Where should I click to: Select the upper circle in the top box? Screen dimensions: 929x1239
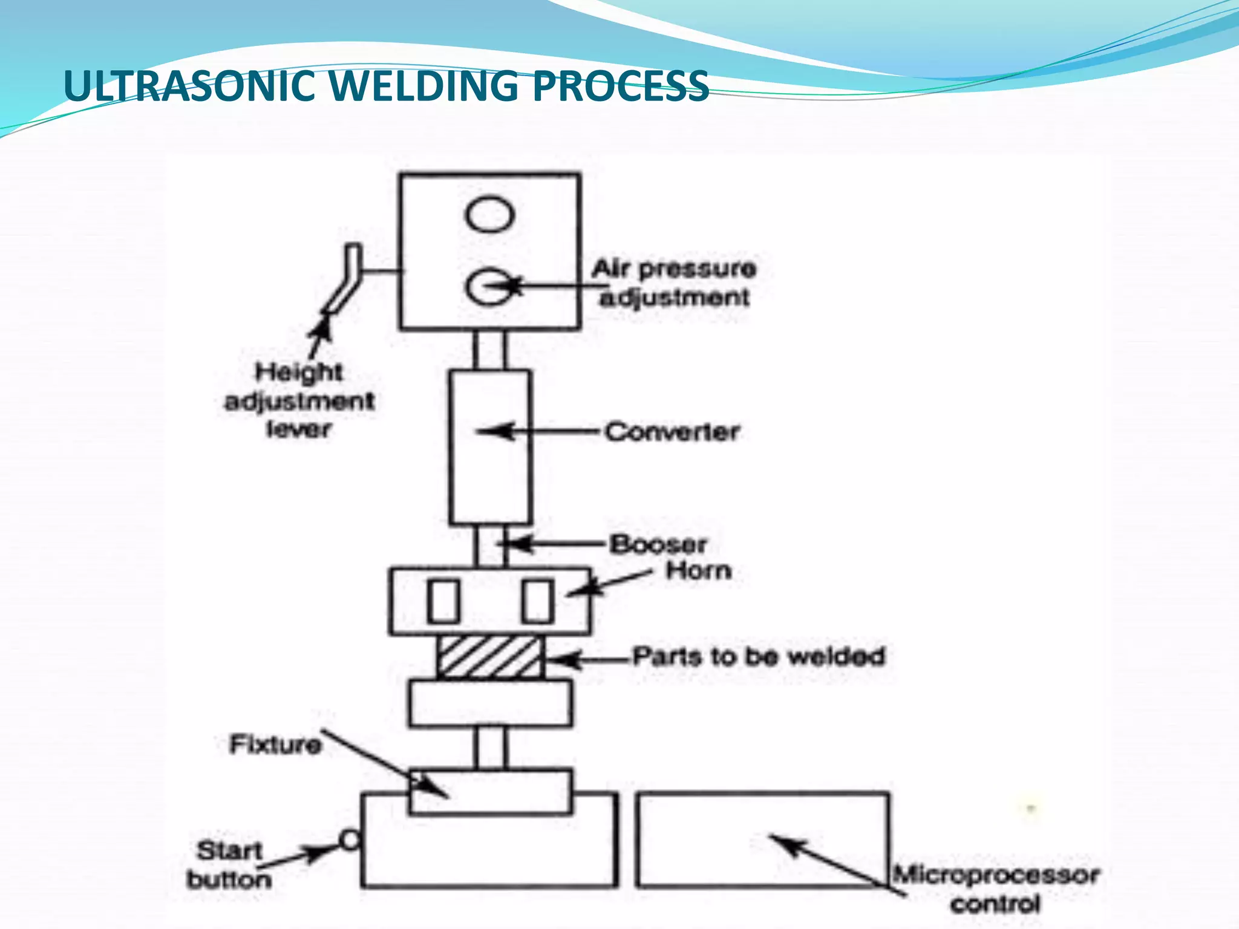[490, 214]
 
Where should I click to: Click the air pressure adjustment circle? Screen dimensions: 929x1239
[488, 286]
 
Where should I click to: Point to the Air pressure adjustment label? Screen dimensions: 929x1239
[674, 283]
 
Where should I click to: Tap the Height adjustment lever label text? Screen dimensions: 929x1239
[299, 400]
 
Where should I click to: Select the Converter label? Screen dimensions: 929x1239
[672, 432]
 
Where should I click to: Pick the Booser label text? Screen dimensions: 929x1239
[658, 544]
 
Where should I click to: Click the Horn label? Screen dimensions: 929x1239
[699, 570]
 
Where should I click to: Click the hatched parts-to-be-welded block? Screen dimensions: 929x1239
[489, 657]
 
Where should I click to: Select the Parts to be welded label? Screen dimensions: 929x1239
[759, 656]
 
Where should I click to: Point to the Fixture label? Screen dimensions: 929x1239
[275, 745]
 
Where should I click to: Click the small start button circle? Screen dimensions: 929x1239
[350, 840]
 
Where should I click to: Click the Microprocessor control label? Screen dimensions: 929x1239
[995, 889]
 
